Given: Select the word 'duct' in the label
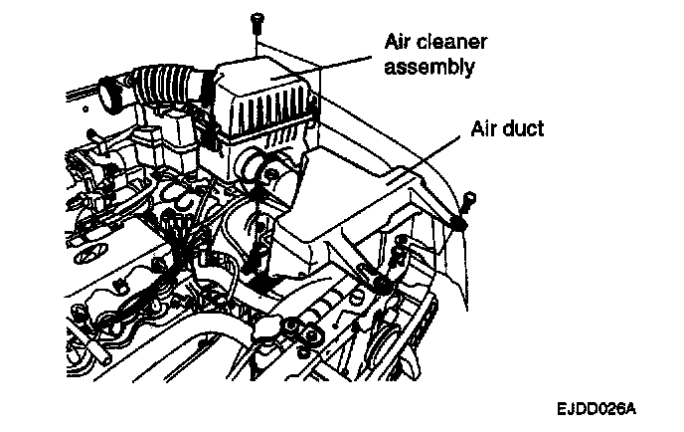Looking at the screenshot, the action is (x=520, y=130).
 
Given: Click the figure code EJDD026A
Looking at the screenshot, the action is (x=597, y=408).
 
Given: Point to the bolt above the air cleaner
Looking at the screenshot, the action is (x=256, y=19).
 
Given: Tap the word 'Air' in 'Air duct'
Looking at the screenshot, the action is (x=483, y=130).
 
